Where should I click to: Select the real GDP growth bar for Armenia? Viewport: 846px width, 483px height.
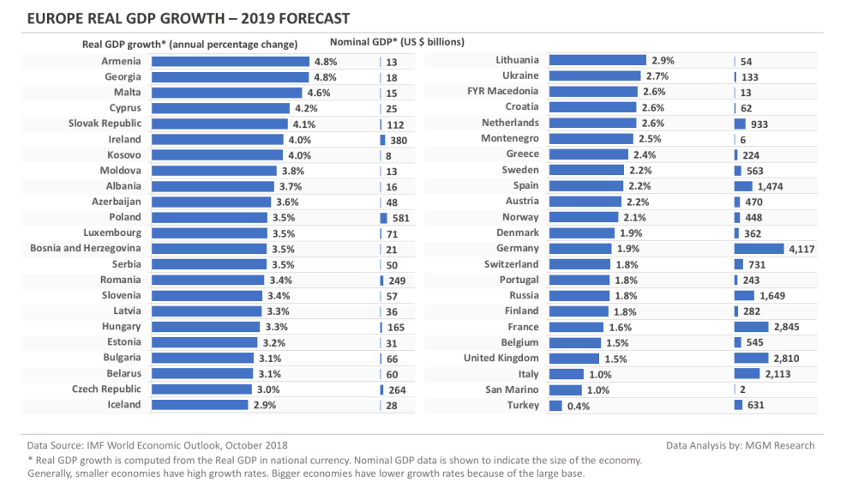pyautogui.click(x=230, y=62)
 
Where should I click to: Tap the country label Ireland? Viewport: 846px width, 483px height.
pyautogui.click(x=125, y=139)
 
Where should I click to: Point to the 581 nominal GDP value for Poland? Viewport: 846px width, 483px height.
pyautogui.click(x=400, y=218)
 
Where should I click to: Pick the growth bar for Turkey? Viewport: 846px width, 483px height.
pyautogui.click(x=555, y=405)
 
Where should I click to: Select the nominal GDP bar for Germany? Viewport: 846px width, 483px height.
pyautogui.click(x=759, y=249)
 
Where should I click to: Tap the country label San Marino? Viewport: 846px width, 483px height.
pyautogui.click(x=512, y=389)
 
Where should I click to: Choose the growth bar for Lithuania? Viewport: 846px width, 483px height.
pyautogui.click(x=597, y=60)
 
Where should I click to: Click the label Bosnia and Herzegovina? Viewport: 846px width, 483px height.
pyautogui.click(x=86, y=249)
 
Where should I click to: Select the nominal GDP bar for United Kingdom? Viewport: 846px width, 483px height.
pyautogui.click(x=751, y=358)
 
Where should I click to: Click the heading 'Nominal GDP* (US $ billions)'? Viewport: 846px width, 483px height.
pyautogui.click(x=397, y=42)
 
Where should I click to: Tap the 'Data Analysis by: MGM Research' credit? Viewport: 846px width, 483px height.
pyautogui.click(x=740, y=445)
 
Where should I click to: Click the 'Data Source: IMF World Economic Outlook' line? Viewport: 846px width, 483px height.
pyautogui.click(x=158, y=445)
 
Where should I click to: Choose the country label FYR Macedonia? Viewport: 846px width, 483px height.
pyautogui.click(x=502, y=91)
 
